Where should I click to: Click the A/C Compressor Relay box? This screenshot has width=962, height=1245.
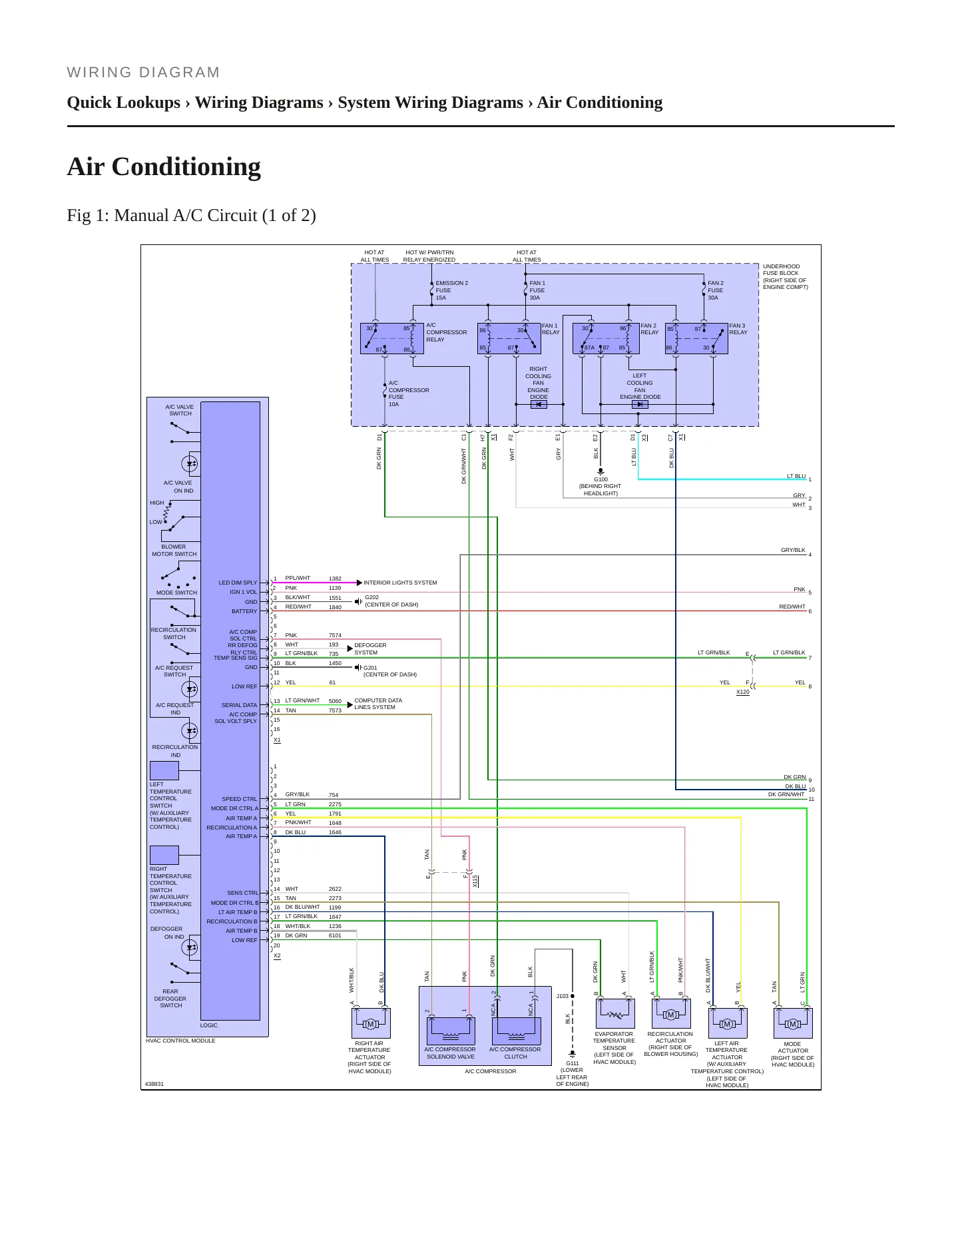[391, 338]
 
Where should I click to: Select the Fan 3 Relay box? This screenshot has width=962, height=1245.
[696, 338]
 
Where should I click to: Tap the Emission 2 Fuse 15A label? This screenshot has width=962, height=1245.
[451, 290]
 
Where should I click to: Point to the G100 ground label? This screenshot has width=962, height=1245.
[601, 486]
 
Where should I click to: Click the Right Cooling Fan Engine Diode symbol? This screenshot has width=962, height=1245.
[539, 404]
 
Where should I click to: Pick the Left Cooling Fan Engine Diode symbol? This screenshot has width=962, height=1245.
[640, 404]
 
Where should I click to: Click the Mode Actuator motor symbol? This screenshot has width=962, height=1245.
[792, 1023]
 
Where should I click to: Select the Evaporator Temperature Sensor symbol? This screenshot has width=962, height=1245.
[614, 1013]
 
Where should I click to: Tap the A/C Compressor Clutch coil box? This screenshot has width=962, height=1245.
[516, 1030]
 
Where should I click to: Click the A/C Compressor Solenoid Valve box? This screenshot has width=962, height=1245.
[451, 1030]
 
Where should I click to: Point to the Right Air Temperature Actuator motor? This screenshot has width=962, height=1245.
[370, 1023]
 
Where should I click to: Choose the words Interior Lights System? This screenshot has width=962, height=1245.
[400, 583]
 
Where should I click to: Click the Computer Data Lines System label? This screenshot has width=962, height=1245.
[378, 704]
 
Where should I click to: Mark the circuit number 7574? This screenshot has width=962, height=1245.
[335, 635]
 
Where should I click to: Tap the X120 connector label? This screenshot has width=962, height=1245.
[743, 692]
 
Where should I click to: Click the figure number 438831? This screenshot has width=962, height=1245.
[154, 1084]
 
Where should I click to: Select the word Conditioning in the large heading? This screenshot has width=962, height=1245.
[186, 166]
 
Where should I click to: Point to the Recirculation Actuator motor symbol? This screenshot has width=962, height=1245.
[671, 1013]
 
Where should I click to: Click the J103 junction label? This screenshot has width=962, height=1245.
[563, 996]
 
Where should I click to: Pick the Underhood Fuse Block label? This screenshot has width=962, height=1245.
[785, 276]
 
